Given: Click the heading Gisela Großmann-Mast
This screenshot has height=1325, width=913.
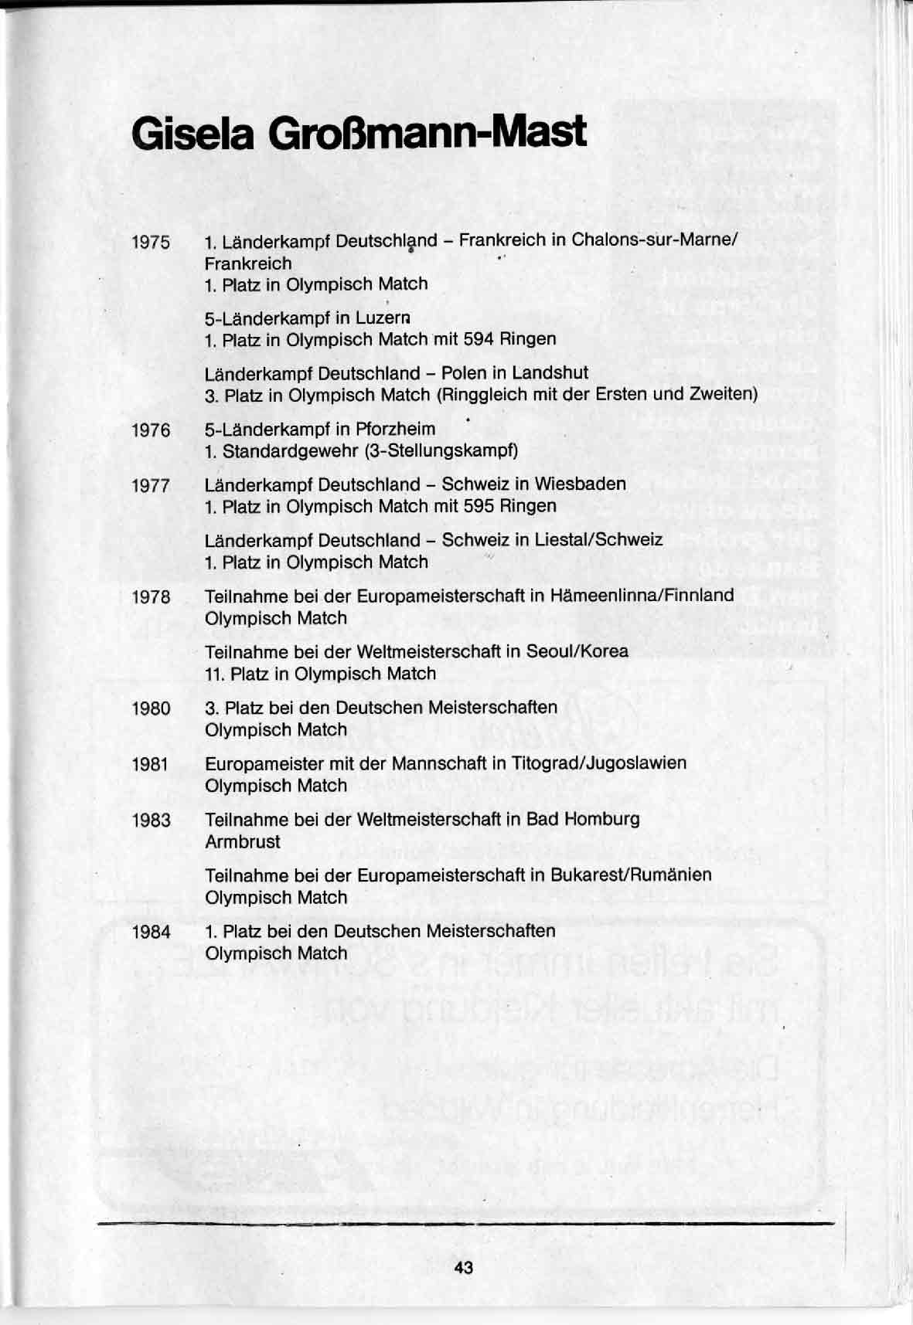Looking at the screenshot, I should tap(359, 133).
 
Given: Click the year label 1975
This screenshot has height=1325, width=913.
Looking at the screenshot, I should tap(151, 243).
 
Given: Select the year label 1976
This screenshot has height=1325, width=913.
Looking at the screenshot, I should tap(151, 430).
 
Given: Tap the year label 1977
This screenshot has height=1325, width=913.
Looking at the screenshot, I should tap(151, 486).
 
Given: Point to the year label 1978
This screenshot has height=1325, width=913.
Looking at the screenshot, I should tap(151, 597).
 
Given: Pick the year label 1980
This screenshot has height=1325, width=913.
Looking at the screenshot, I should tap(151, 708).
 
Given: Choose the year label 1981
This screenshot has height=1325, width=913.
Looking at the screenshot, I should tap(151, 764).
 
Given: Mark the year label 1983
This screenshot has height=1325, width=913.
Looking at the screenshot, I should tap(151, 820).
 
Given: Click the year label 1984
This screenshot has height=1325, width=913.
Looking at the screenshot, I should tap(151, 932).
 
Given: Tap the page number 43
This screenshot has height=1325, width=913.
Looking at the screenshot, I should tap(464, 1268).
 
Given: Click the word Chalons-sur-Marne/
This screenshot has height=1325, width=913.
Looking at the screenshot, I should tap(655, 240).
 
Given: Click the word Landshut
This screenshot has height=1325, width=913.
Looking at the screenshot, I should tap(550, 373).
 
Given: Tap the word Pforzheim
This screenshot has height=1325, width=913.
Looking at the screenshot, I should tap(395, 429).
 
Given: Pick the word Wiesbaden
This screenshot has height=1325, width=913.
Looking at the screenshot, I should tap(580, 484).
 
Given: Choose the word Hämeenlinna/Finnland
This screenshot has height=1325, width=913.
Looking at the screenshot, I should tap(642, 596).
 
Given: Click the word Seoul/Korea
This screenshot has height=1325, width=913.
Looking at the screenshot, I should tap(577, 651).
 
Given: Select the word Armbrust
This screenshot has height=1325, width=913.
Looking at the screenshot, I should tap(242, 841).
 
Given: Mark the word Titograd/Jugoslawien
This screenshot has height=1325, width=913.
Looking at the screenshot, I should tap(598, 763).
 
